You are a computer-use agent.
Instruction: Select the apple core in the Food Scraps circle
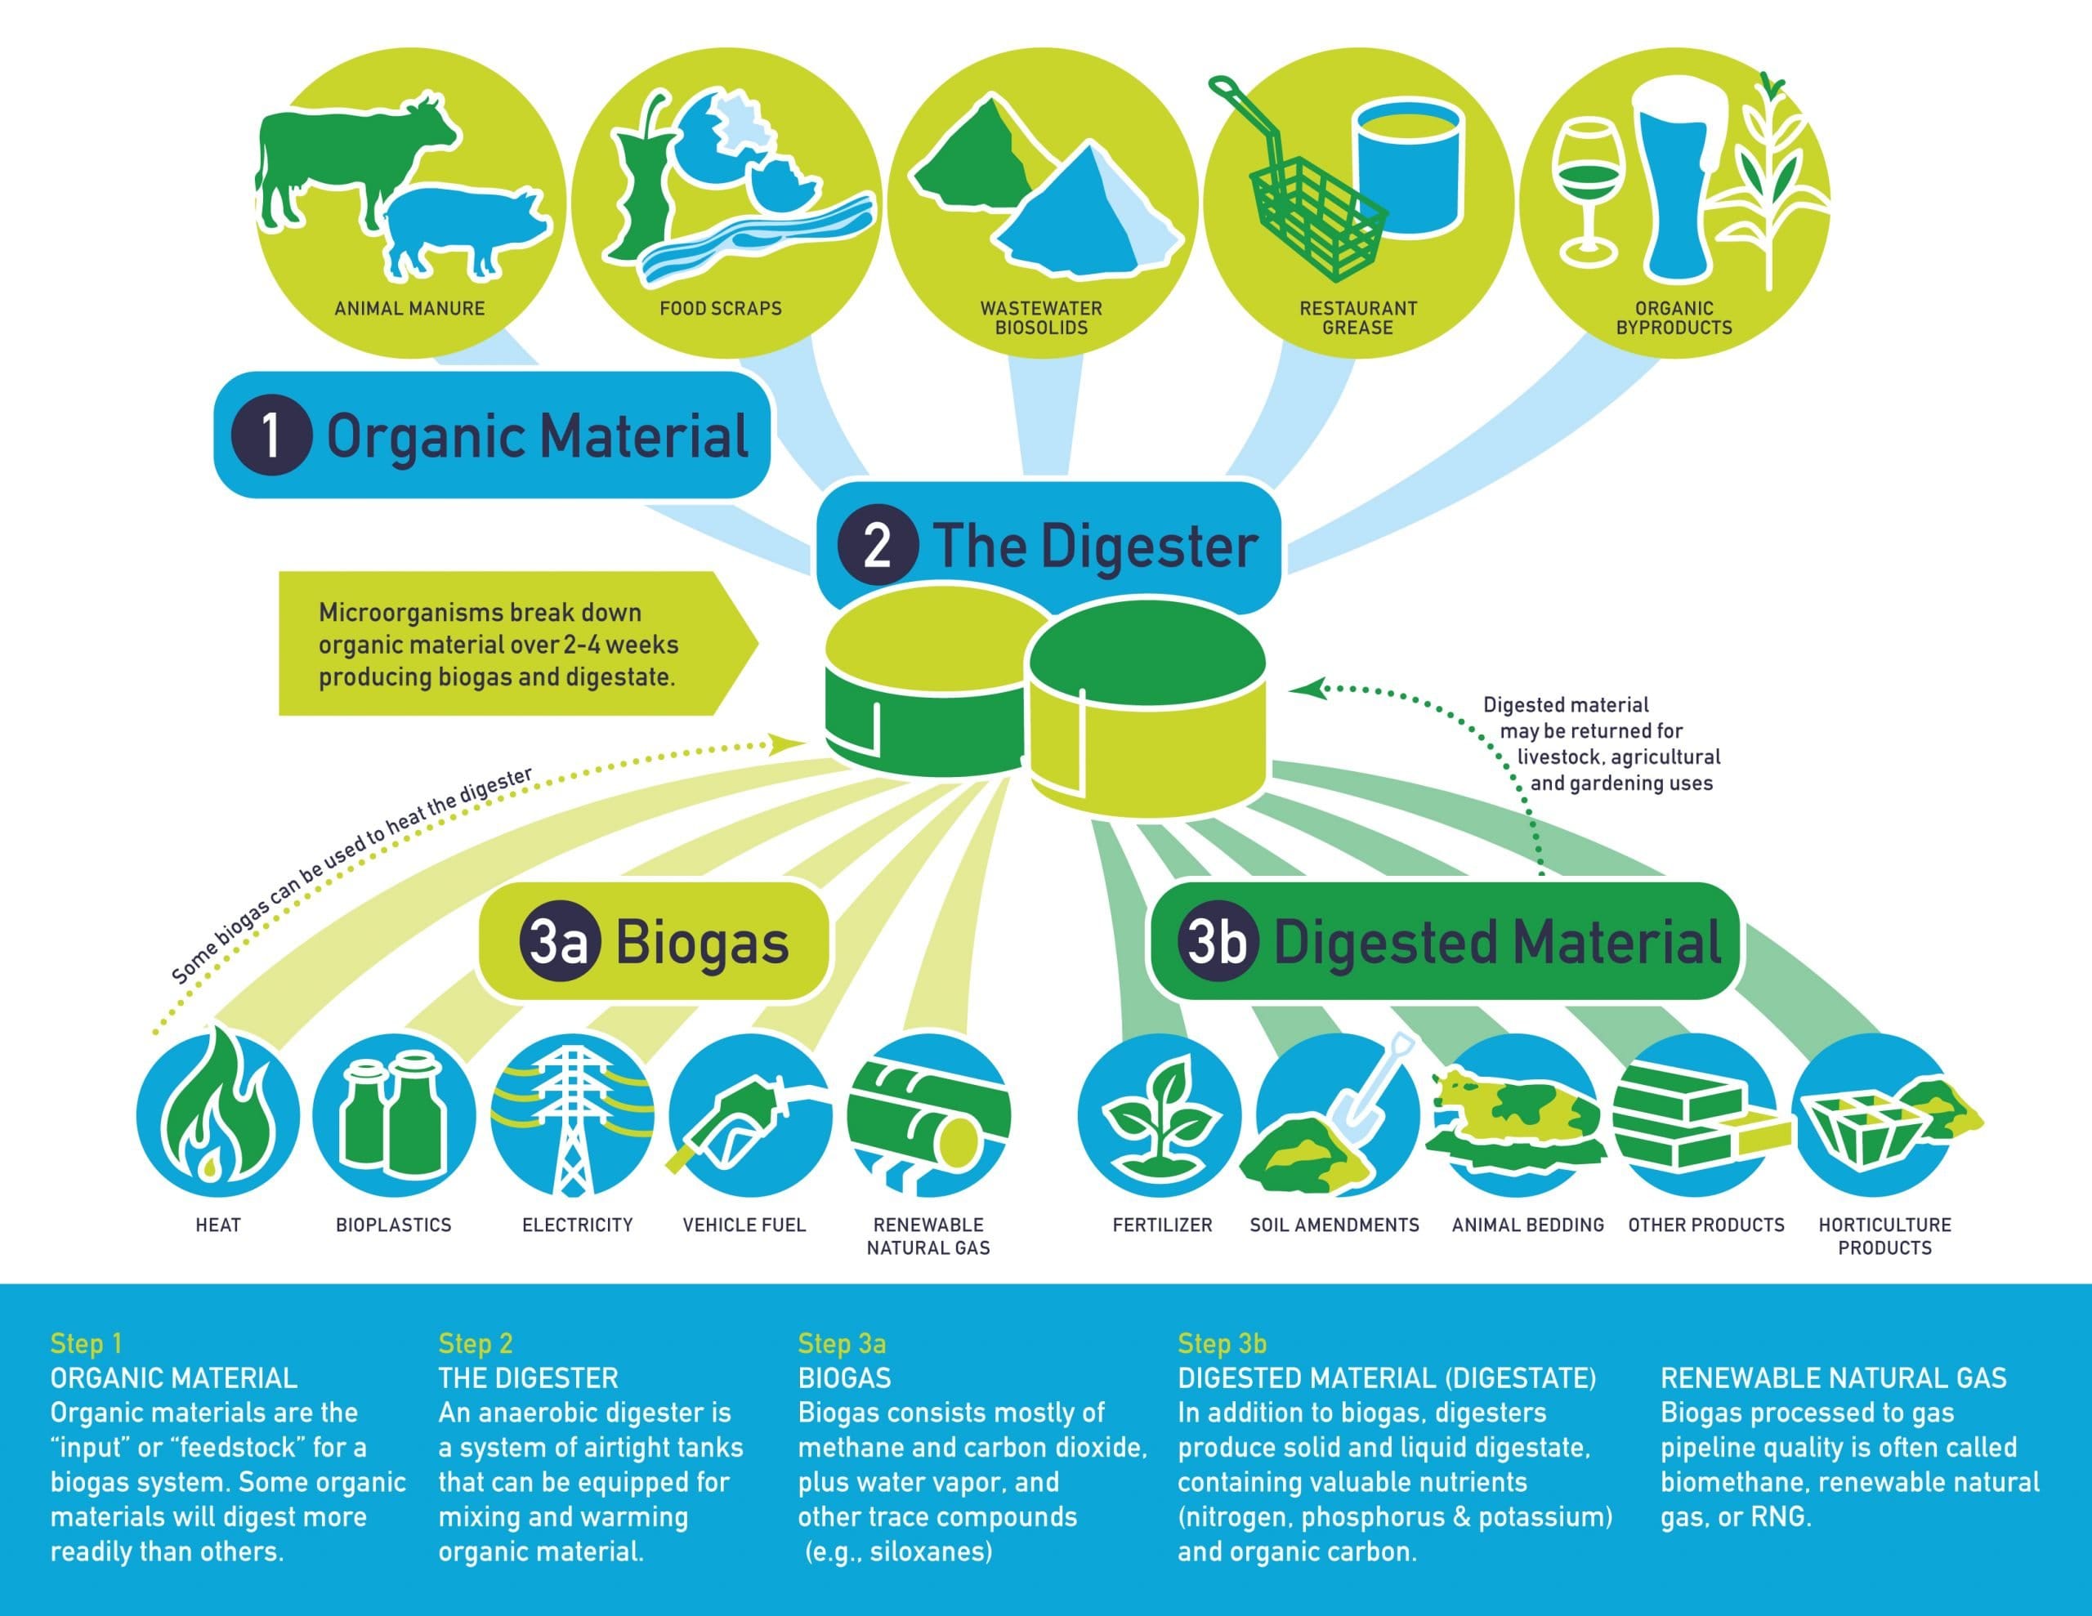(637, 182)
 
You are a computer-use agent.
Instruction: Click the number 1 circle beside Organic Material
(271, 435)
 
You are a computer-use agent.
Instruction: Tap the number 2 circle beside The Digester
(878, 545)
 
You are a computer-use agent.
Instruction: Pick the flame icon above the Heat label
(218, 1111)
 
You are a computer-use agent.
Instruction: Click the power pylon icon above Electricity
(573, 1116)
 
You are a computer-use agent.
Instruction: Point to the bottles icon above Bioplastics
(394, 1111)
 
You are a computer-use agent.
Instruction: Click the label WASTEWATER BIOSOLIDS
(1041, 318)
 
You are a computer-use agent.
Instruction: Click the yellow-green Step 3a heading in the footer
(841, 1343)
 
